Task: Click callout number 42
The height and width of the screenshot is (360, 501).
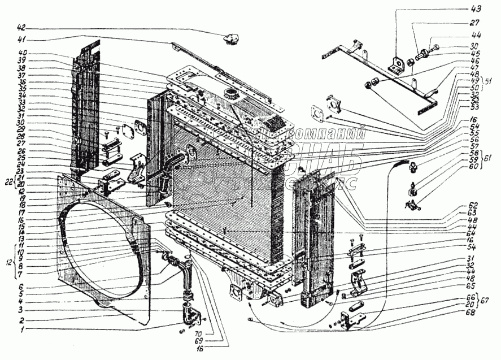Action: point(21,28)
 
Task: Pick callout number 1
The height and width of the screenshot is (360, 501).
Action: point(21,329)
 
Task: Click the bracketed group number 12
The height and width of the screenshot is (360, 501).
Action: point(8,263)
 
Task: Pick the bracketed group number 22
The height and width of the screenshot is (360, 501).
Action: point(8,181)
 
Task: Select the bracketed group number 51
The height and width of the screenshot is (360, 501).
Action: point(489,80)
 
